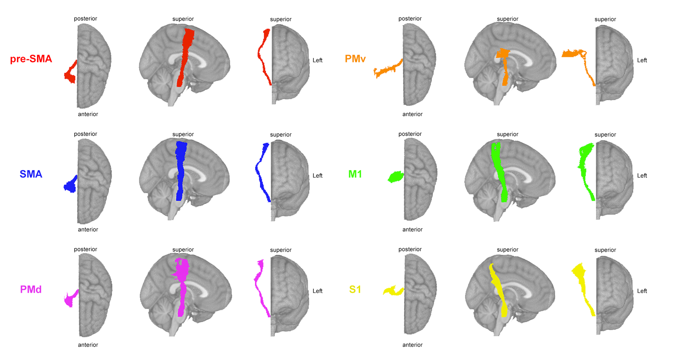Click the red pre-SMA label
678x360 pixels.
tap(31, 59)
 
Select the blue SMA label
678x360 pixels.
tap(31, 174)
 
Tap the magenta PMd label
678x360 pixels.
tap(31, 289)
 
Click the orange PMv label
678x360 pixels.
tap(355, 59)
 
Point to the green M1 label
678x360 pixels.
tap(355, 174)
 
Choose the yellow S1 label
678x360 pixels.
tap(355, 289)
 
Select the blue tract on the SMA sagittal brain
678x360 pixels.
tap(181, 171)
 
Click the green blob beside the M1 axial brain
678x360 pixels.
tap(396, 177)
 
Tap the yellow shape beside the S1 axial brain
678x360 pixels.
tap(393, 290)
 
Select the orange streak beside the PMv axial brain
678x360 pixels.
tap(387, 69)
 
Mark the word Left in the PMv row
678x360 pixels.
tap(642, 60)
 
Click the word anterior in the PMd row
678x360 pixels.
tap(88, 345)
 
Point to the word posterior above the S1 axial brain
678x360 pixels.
tap(410, 249)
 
